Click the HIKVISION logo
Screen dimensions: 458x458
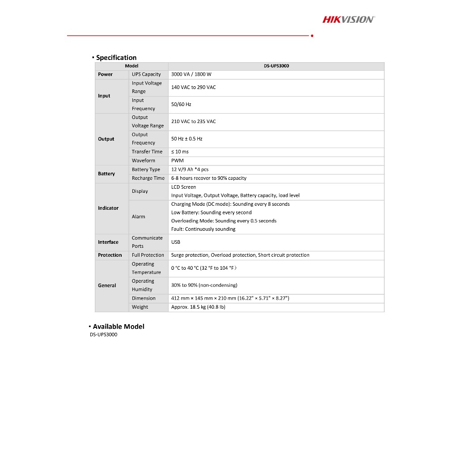[348, 19]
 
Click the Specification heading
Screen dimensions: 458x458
[116, 57]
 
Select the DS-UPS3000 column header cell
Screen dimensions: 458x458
[276, 66]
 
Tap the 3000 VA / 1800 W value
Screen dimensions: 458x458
[191, 74]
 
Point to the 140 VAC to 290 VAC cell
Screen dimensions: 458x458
[193, 87]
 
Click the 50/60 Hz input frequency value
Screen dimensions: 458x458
[181, 104]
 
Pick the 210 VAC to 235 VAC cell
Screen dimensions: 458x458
[193, 121]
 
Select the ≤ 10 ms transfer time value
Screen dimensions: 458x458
[180, 152]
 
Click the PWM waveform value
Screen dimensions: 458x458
[177, 161]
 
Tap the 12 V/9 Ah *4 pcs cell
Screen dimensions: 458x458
[190, 170]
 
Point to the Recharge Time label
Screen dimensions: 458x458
[148, 178]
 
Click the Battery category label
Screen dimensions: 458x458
[106, 174]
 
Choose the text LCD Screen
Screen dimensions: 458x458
[183, 187]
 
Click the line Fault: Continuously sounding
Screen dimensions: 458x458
[203, 229]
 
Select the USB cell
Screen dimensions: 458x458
[176, 242]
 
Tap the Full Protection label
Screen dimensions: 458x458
[148, 255]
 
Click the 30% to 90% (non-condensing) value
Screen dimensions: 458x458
[204, 285]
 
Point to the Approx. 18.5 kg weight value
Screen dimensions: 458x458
[198, 307]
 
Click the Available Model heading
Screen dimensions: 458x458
[119, 327]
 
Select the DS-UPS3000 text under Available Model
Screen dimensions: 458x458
[103, 335]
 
